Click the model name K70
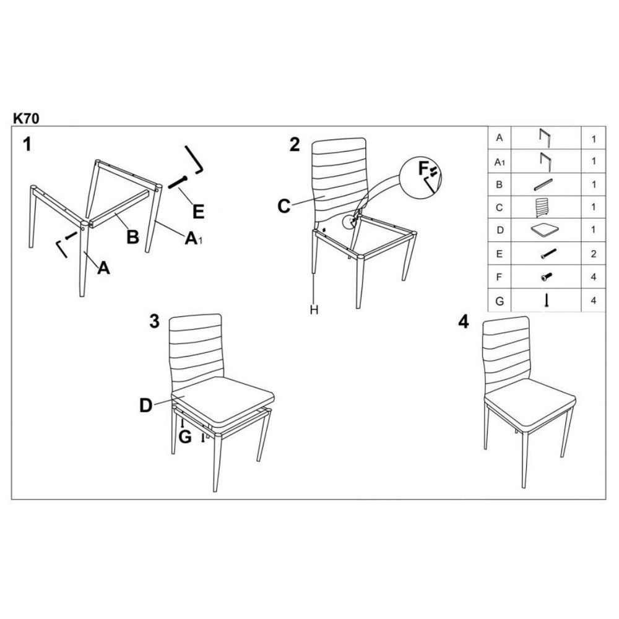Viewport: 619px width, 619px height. point(27,118)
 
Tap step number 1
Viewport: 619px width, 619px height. point(27,144)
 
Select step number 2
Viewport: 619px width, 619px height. point(295,144)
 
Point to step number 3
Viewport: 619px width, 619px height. point(154,321)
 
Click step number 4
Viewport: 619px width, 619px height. point(464,322)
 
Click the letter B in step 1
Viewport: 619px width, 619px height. point(133,237)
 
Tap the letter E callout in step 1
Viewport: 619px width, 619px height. point(198,212)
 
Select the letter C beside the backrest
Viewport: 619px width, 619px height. point(284,206)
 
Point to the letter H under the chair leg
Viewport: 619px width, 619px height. point(314,310)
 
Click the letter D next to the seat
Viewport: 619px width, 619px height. point(145,405)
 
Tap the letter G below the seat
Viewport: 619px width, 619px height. point(184,437)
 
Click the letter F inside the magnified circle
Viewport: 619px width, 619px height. point(423,168)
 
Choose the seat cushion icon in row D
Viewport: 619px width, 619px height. point(545,230)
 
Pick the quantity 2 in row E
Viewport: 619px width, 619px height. point(594,254)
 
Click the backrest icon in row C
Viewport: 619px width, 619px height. point(542,207)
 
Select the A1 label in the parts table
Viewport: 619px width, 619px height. point(500,162)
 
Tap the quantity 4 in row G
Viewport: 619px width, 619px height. point(594,300)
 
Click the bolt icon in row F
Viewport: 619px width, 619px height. point(547,277)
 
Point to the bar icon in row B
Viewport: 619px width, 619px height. point(543,184)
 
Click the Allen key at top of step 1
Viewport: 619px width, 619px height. point(194,160)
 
